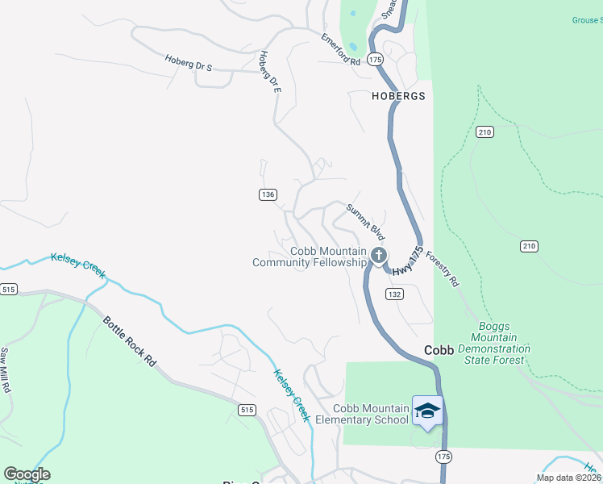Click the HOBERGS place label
coord(397,95)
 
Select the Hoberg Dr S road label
coord(188,63)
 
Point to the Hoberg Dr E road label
coord(269,70)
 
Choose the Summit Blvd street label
coord(366,221)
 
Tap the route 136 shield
coord(268,194)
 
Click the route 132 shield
coord(394,294)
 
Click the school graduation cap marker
coord(427,410)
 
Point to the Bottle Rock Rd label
coord(129,341)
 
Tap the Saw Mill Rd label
coord(5,370)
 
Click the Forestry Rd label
coord(441,267)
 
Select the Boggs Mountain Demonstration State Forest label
coord(497,344)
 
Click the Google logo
coord(27,474)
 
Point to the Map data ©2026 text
coord(569,478)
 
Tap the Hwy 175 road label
coord(412,261)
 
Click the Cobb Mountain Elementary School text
coord(362,414)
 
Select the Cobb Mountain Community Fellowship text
coord(310,257)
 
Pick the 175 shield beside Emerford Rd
coord(375,60)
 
